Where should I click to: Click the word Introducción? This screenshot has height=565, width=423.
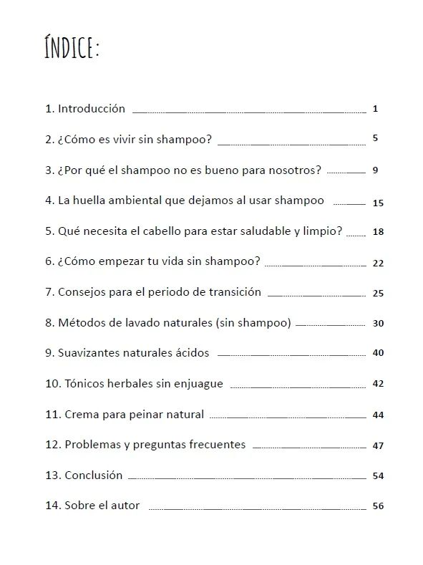tap(92, 109)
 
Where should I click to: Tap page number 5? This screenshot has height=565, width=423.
tap(375, 137)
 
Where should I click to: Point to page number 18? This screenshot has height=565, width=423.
tap(379, 232)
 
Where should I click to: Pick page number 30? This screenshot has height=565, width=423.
tap(379, 323)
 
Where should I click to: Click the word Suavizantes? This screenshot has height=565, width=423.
tap(88, 353)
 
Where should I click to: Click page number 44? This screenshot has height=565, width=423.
tap(379, 415)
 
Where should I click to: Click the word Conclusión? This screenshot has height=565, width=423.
tap(94, 475)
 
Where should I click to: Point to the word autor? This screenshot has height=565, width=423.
tap(126, 506)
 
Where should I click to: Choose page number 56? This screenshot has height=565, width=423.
tap(379, 506)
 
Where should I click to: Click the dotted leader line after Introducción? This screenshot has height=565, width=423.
tap(248, 112)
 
